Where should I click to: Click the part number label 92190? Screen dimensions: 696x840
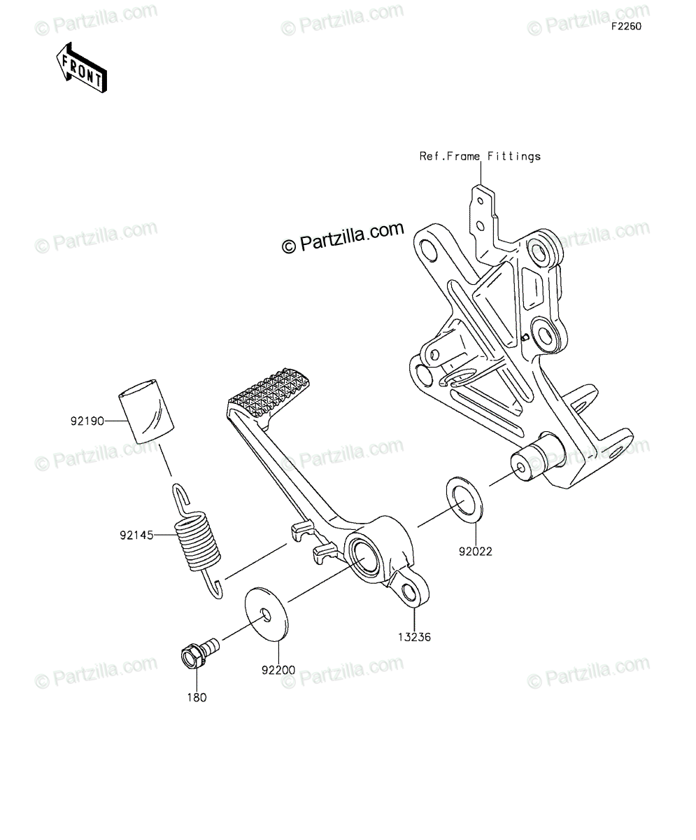click(x=87, y=421)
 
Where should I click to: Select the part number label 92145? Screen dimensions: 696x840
click(x=136, y=535)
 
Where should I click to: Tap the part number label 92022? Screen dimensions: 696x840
click(x=476, y=552)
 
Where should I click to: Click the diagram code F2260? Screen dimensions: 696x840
click(x=627, y=27)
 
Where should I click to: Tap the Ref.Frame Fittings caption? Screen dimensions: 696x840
click(x=480, y=157)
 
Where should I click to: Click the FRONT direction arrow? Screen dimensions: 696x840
click(x=82, y=68)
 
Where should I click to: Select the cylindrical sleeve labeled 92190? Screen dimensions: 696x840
click(x=146, y=411)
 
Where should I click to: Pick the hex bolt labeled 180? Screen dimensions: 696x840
click(x=199, y=653)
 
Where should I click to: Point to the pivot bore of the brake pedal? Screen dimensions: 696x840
click(x=365, y=556)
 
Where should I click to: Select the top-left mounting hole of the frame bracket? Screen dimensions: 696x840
click(x=429, y=249)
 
